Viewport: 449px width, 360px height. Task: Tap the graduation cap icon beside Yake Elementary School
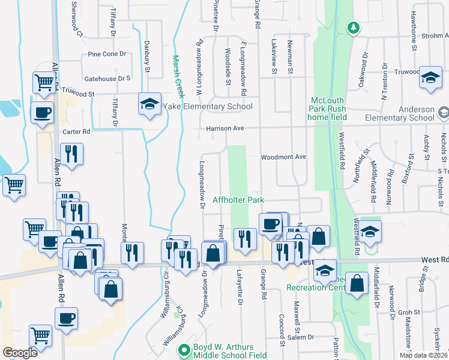(x=149, y=104)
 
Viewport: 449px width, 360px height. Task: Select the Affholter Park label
(x=238, y=199)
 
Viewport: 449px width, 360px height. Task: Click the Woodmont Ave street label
(x=283, y=157)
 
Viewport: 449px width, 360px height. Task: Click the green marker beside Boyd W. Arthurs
(x=184, y=349)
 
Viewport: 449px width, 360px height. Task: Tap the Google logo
(x=20, y=353)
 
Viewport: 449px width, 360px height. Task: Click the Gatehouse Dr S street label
(x=107, y=79)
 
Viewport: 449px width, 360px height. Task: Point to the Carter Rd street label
(x=76, y=131)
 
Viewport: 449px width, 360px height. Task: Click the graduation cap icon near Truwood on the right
(x=430, y=77)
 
